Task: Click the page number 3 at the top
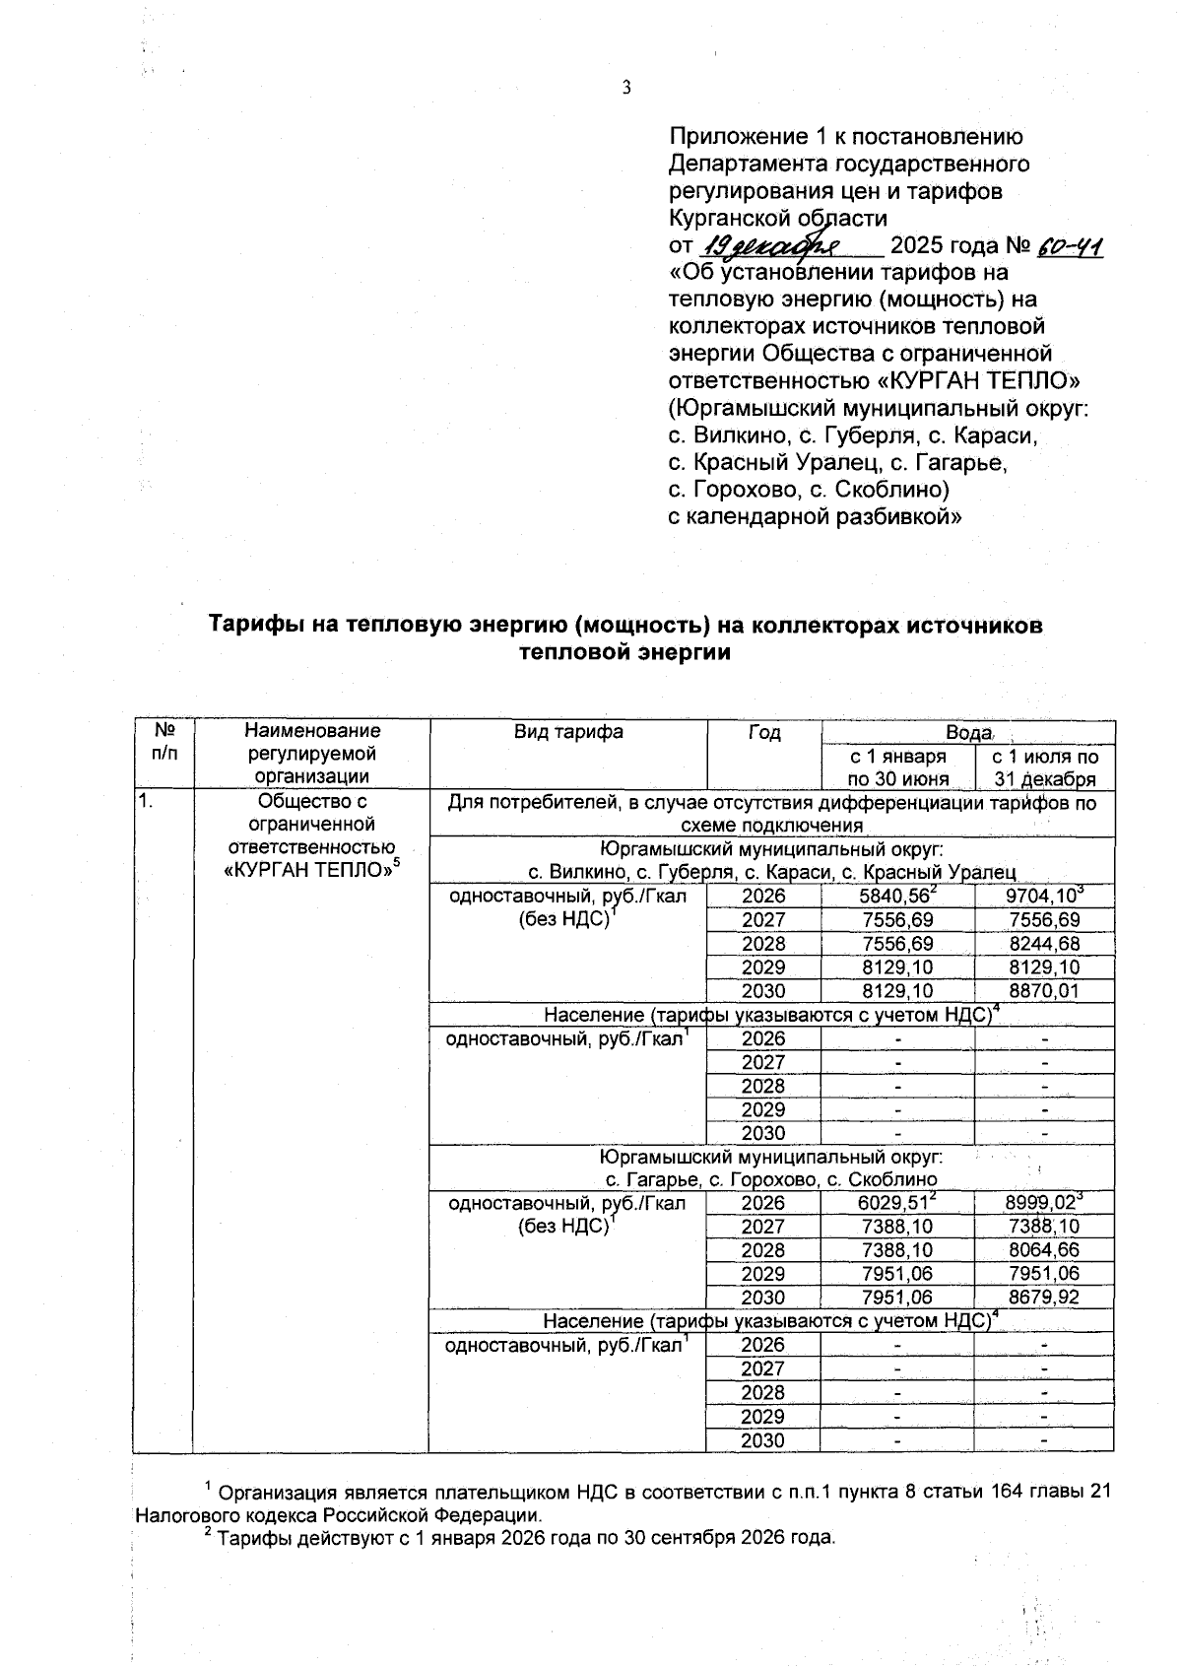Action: pos(625,89)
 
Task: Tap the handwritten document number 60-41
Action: pos(1070,245)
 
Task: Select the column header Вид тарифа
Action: pos(568,732)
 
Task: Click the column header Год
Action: pos(764,732)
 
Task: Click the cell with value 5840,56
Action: pos(896,896)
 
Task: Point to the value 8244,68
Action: pos(1044,944)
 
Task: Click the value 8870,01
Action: pos(1044,991)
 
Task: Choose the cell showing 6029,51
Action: pos(896,1203)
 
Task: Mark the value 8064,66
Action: pos(1044,1250)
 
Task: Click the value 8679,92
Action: pos(1044,1298)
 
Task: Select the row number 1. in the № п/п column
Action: pos(146,802)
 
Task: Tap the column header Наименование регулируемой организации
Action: pos(312,754)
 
